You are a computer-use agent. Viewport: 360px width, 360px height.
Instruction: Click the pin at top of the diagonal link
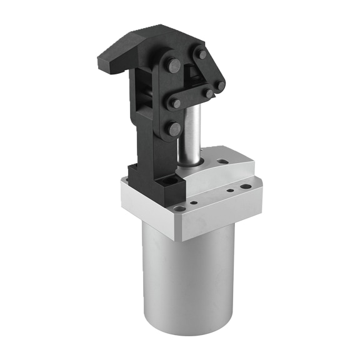coord(201,54)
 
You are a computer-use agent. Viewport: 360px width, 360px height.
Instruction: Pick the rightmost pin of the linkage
coord(220,86)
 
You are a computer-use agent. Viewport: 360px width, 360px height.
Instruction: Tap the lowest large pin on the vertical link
coord(173,129)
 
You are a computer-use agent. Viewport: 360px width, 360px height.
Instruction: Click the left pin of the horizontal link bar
coord(177,102)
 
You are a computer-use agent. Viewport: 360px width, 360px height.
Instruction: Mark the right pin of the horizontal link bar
coord(207,93)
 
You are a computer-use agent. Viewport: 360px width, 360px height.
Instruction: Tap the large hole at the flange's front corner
coord(180,209)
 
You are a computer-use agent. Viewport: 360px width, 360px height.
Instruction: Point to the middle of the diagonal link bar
coord(211,70)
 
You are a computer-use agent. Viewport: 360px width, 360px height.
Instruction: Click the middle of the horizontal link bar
coord(192,98)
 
